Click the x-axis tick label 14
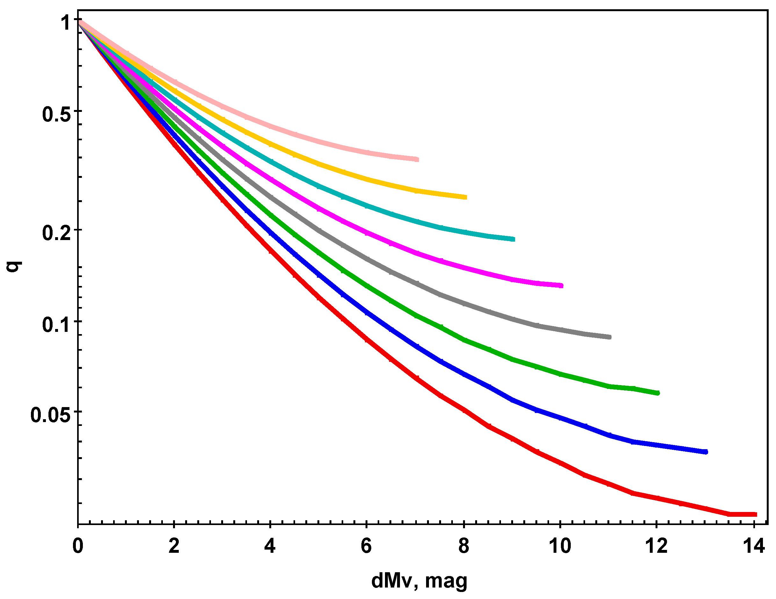point(753,546)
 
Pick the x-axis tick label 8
point(464,546)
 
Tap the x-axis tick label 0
point(78,546)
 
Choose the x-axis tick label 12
point(656,546)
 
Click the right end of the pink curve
point(418,159)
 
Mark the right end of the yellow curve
point(466,197)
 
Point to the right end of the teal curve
point(514,239)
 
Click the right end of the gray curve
point(610,337)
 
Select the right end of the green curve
point(658,393)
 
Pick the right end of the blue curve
point(706,452)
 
